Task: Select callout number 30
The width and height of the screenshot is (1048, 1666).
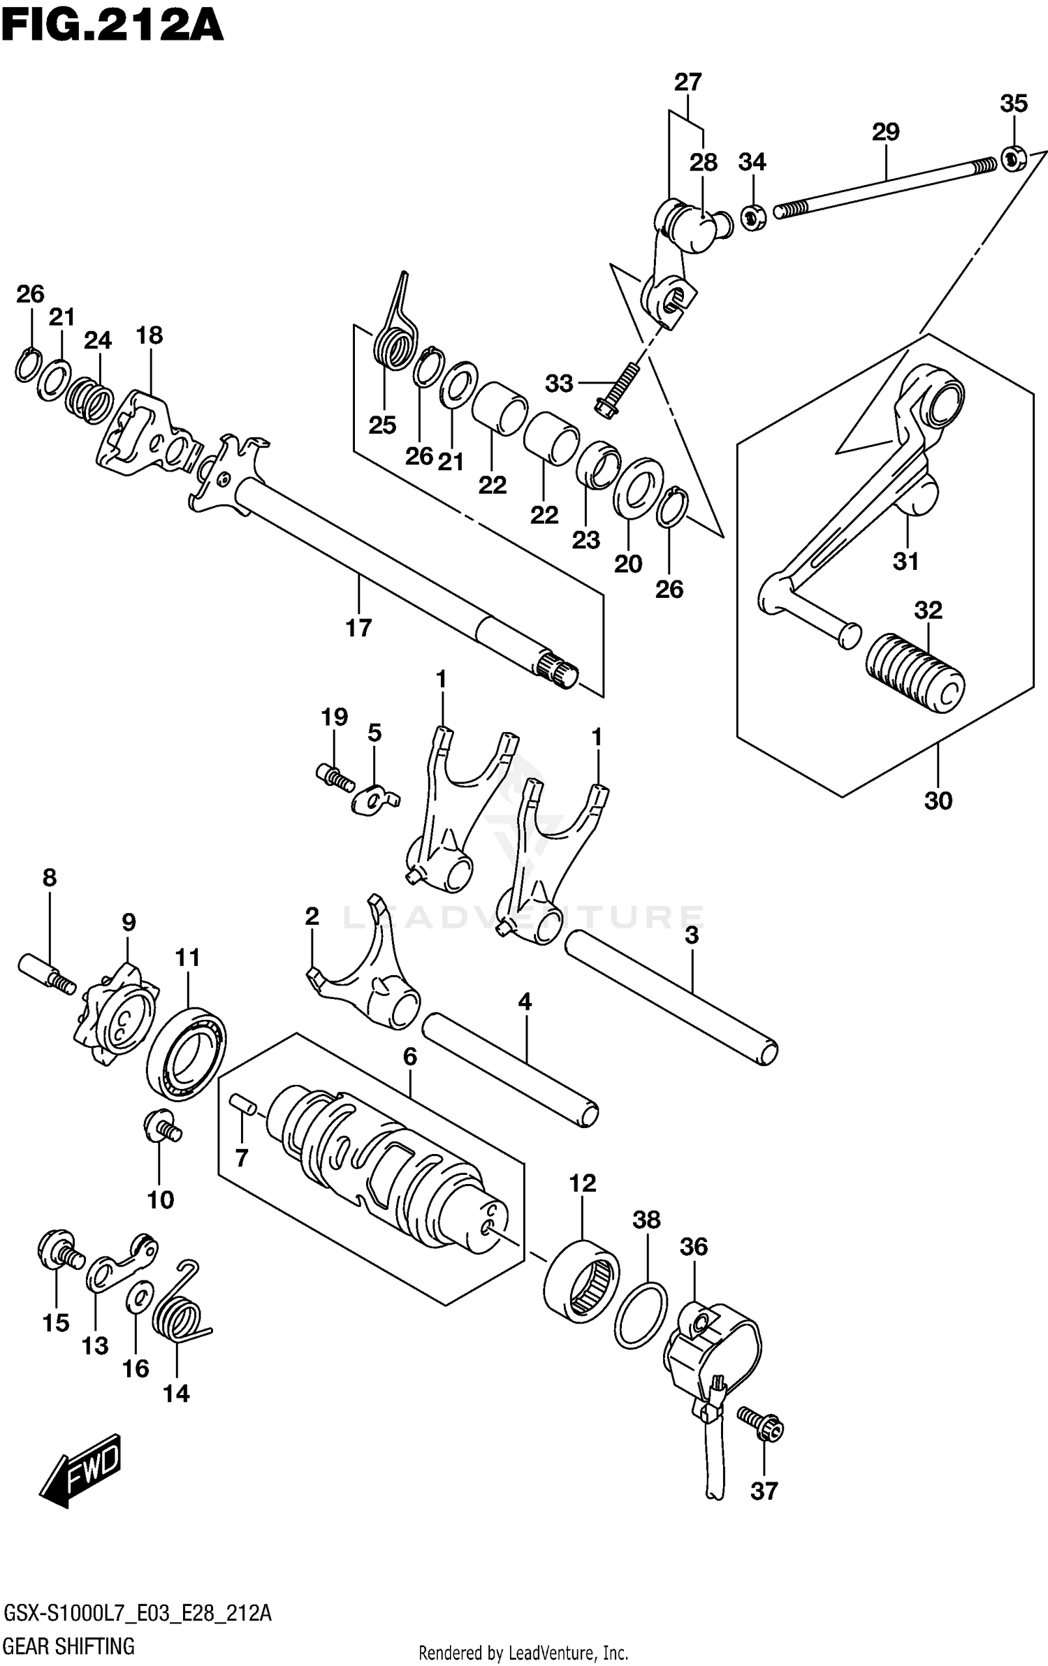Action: (x=938, y=801)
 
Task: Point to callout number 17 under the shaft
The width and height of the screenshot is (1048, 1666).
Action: (x=358, y=627)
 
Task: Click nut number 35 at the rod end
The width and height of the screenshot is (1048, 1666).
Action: (x=1012, y=159)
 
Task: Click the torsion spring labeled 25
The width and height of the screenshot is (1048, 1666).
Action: (x=395, y=335)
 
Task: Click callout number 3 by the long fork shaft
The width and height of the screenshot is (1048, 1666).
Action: (x=692, y=935)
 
